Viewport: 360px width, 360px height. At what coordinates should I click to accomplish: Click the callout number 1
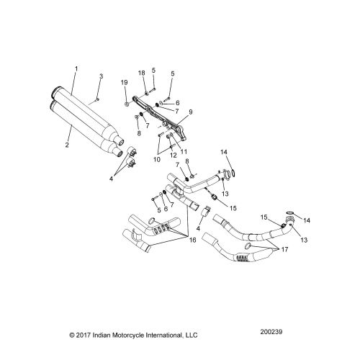(76, 69)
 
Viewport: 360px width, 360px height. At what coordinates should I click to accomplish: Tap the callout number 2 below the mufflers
(67, 145)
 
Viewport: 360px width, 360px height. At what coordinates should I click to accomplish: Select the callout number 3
(102, 76)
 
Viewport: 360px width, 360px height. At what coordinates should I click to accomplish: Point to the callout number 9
(191, 112)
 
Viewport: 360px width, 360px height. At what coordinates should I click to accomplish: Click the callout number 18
(142, 73)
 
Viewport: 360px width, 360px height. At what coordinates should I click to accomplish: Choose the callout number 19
(124, 83)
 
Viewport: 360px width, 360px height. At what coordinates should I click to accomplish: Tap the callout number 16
(192, 240)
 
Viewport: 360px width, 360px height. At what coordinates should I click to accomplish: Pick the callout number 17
(284, 250)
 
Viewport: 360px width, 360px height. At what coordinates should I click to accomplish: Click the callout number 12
(174, 155)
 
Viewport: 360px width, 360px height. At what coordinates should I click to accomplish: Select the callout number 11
(184, 152)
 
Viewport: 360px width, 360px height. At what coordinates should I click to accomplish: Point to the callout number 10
(157, 160)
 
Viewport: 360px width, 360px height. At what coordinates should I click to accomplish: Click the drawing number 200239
(271, 332)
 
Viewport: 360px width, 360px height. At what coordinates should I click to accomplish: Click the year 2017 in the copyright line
(84, 335)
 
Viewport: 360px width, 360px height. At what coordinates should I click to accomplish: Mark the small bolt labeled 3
(97, 99)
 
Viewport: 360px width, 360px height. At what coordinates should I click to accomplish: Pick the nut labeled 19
(127, 104)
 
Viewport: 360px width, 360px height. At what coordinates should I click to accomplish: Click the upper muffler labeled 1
(86, 111)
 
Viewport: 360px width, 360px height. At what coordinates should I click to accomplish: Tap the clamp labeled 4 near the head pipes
(206, 211)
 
